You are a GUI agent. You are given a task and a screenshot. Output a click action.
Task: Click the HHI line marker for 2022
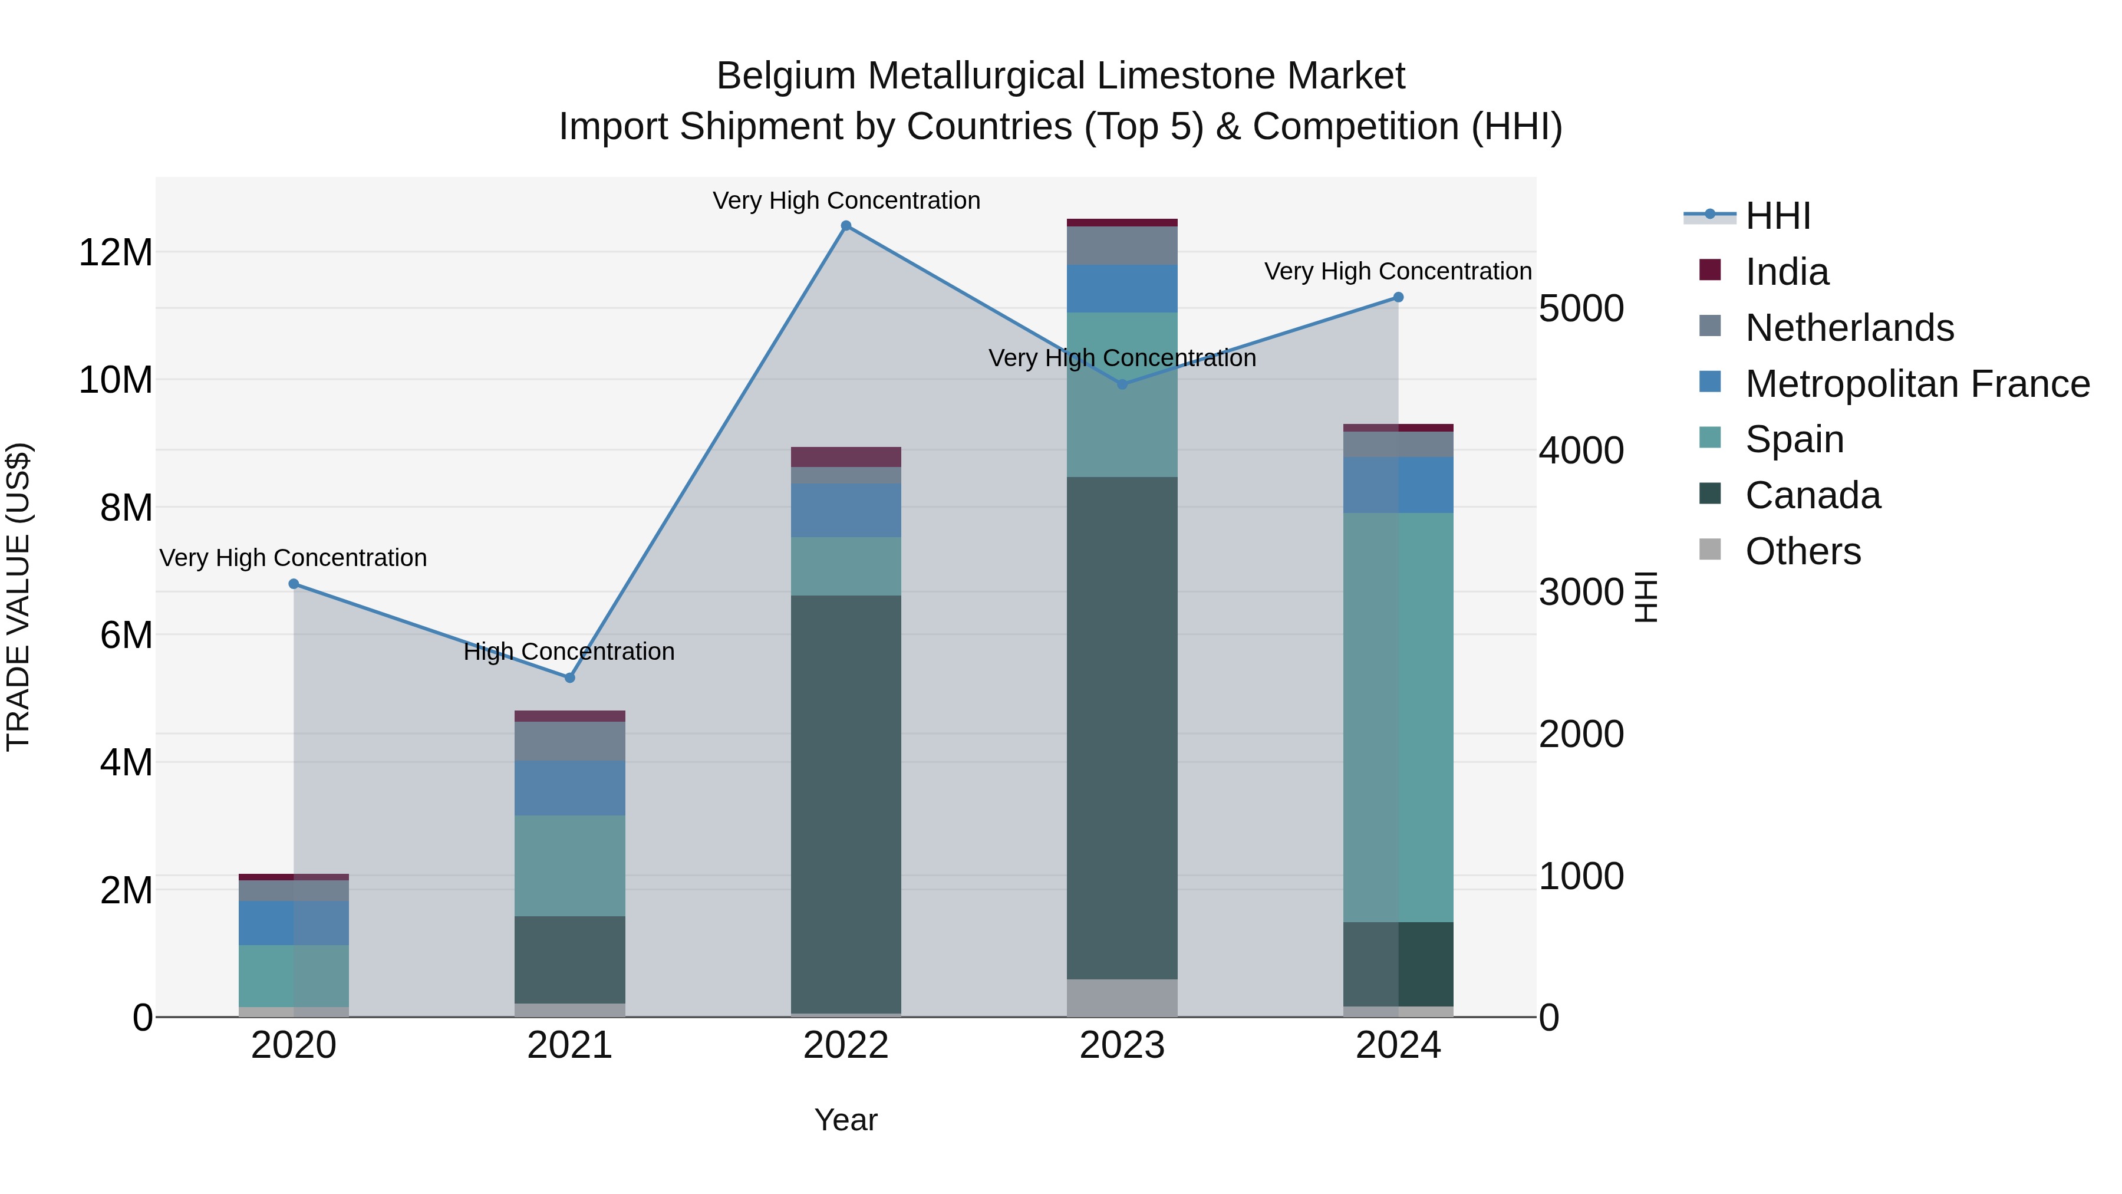[845, 226]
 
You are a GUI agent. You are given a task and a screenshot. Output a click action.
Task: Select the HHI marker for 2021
[569, 677]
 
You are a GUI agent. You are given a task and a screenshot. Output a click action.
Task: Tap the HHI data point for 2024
[1398, 298]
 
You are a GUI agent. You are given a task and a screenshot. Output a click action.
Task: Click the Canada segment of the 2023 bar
[1122, 728]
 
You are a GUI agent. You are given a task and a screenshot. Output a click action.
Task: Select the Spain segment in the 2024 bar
[1398, 717]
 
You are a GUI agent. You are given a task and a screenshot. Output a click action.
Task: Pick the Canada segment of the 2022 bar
[845, 804]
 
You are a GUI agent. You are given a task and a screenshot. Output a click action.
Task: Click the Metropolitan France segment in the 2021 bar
[569, 788]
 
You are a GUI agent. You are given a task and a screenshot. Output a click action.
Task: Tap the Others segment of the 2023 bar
[1122, 997]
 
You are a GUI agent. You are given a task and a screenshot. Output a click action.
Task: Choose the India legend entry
[1786, 272]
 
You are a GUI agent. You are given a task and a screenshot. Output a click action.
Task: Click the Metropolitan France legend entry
[1916, 384]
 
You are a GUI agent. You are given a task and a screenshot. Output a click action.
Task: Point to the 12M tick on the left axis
[116, 252]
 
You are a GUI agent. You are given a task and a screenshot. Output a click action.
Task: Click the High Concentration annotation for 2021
[569, 652]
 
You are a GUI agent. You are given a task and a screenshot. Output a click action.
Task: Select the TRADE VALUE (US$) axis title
[18, 597]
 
